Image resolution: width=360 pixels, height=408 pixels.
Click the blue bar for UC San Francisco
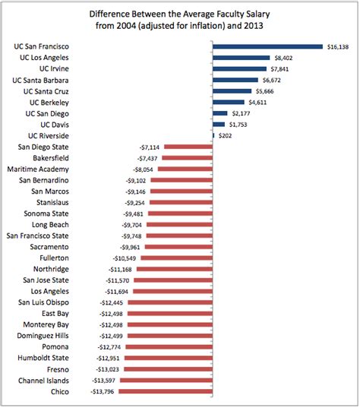pos(267,46)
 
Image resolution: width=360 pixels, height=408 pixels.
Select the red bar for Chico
pos(167,391)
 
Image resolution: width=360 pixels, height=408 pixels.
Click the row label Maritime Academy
pos(38,169)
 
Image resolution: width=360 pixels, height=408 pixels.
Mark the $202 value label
pos(226,135)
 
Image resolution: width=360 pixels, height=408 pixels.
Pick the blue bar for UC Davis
pos(219,124)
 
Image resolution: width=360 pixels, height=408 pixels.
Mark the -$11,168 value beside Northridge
pos(122,269)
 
